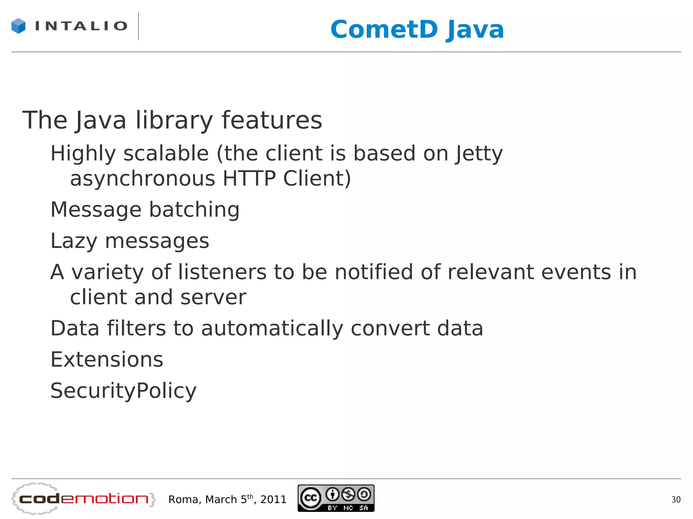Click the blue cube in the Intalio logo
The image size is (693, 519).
click(x=18, y=26)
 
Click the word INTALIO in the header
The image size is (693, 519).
click(x=81, y=26)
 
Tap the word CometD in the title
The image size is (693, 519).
click(x=384, y=29)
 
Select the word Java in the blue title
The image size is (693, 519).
click(x=475, y=30)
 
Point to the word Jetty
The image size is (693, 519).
click(x=479, y=154)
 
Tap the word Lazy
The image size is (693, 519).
click(x=74, y=241)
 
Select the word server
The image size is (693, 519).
click(x=213, y=297)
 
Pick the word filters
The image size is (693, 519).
click(x=136, y=328)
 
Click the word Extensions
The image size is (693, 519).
click(x=107, y=359)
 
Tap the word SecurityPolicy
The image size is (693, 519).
click(x=123, y=391)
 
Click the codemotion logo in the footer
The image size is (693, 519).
click(x=84, y=499)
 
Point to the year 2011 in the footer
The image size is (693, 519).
click(x=273, y=499)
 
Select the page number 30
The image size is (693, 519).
click(x=676, y=500)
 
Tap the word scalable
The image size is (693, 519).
click(x=166, y=154)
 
